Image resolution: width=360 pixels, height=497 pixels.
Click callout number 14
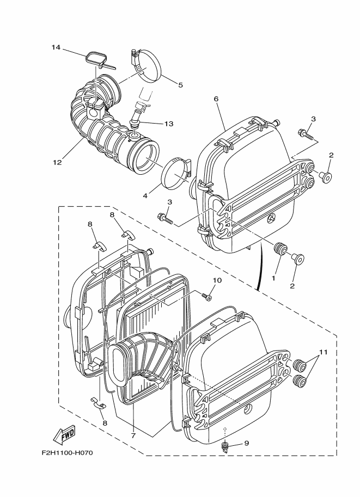pyautogui.click(x=56, y=47)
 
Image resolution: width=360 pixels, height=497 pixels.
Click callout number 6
pyautogui.click(x=216, y=99)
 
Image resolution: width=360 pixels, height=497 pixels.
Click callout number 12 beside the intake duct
pyautogui.click(x=57, y=162)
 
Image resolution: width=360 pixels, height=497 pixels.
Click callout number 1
pyautogui.click(x=274, y=278)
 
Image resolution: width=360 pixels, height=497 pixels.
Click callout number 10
pyautogui.click(x=217, y=280)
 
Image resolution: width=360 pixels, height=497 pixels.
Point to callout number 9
pyautogui.click(x=246, y=443)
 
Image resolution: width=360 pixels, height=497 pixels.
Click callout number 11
pyautogui.click(x=324, y=353)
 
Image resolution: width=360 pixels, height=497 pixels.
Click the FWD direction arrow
pyautogui.click(x=64, y=434)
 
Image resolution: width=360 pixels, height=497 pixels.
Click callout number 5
pyautogui.click(x=180, y=84)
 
